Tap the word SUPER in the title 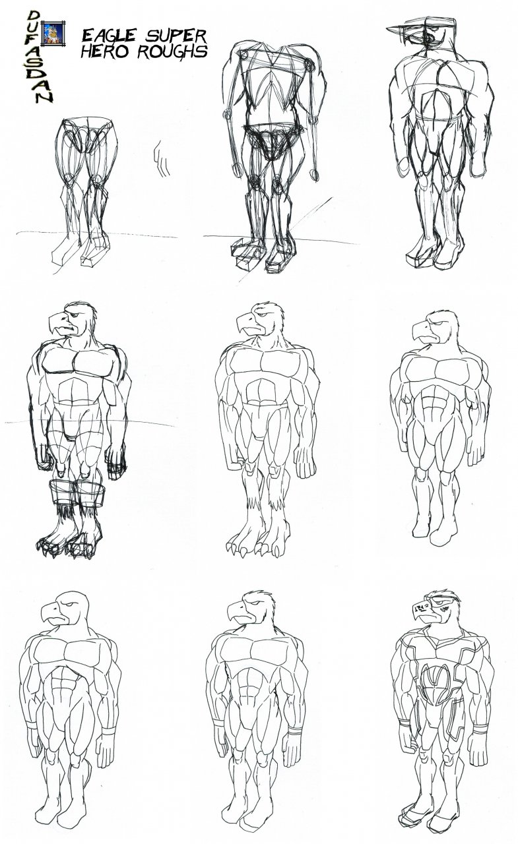(176, 36)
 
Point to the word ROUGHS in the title (172, 51)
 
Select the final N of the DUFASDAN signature (44, 96)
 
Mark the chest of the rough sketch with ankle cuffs (77, 362)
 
